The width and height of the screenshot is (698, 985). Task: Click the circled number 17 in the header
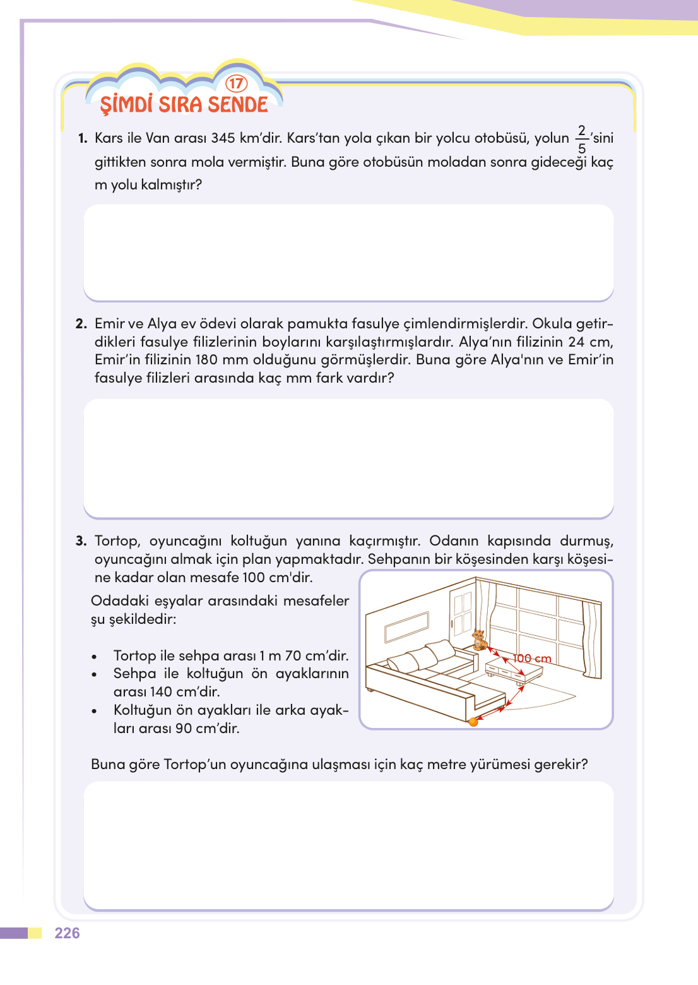[x=236, y=83]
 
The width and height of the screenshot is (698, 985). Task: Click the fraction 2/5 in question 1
[x=581, y=140]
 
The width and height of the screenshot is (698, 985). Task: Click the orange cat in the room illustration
[x=479, y=639]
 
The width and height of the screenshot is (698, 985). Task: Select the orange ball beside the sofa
[x=473, y=722]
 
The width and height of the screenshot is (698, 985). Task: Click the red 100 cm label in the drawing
[x=532, y=659]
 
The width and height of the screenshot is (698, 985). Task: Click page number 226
[x=67, y=933]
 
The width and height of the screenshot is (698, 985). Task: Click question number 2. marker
[x=81, y=324]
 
